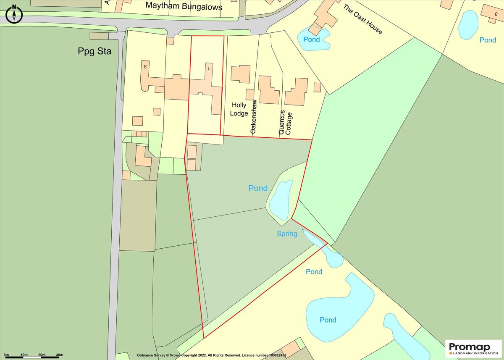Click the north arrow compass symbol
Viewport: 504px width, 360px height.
pos(14,13)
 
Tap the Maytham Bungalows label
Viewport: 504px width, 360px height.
pos(184,6)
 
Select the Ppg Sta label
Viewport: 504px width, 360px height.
pos(94,51)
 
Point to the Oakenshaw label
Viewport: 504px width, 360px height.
pos(254,117)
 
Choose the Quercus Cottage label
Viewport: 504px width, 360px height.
pos(285,122)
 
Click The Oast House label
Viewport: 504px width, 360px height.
pos(363,19)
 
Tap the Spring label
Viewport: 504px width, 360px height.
pos(287,234)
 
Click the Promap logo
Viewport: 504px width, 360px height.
pos(473,348)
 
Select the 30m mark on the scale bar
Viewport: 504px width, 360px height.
pos(59,355)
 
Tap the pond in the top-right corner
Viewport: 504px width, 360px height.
pos(468,24)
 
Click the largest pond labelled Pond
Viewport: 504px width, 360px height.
pos(336,307)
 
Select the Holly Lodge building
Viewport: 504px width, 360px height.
pos(241,74)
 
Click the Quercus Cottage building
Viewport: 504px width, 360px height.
pos(296,92)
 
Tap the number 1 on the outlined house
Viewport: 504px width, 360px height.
pos(208,67)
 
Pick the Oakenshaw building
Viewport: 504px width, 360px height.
pos(268,89)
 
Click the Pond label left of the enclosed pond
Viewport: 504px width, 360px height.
pos(258,188)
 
